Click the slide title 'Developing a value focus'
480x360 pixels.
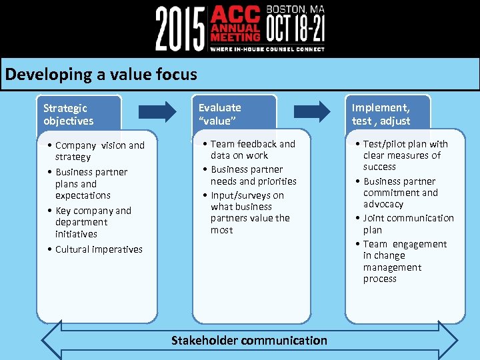click(x=101, y=74)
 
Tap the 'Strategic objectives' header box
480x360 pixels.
click(x=79, y=114)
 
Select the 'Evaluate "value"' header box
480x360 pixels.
click(x=234, y=113)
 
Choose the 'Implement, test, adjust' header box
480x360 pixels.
click(x=387, y=114)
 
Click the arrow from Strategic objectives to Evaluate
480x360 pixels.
click(x=158, y=111)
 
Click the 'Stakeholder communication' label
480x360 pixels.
click(x=249, y=341)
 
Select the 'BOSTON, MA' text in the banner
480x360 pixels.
click(x=295, y=9)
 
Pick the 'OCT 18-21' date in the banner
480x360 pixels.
click(x=295, y=29)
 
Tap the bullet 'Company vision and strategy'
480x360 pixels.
click(x=99, y=151)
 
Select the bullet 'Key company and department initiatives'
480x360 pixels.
click(x=93, y=222)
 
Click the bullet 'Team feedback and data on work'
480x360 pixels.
click(x=252, y=149)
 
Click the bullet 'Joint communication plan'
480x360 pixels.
click(x=407, y=224)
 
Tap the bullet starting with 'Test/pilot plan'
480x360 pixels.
click(x=405, y=155)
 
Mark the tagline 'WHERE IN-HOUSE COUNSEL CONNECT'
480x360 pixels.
click(x=267, y=49)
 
